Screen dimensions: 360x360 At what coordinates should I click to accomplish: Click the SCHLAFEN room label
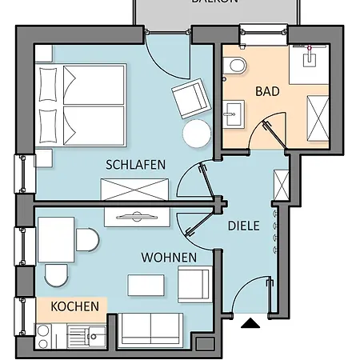(x=135, y=164)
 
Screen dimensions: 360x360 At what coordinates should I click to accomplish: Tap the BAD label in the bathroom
(x=267, y=91)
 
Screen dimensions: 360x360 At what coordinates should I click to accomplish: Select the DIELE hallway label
(x=243, y=226)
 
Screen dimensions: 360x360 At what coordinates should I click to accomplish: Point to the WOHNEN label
(x=169, y=258)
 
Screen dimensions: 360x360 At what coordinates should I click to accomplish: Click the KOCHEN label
(x=75, y=306)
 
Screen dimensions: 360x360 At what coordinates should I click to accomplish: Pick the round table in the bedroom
(x=196, y=134)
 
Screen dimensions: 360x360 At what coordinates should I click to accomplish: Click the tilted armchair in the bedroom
(x=190, y=99)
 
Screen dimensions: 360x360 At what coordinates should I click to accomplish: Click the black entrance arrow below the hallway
(x=251, y=324)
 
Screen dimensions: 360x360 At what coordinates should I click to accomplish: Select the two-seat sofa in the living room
(x=152, y=330)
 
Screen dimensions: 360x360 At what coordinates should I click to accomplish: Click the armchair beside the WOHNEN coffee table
(x=194, y=283)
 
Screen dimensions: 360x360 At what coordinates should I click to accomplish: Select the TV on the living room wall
(x=135, y=216)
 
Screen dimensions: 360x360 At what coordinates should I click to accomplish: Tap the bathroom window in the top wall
(x=263, y=34)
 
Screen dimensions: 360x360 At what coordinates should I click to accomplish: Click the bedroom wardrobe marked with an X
(x=134, y=189)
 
